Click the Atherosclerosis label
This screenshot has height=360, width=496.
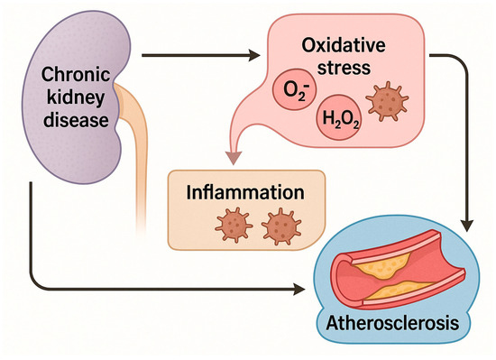coord(399,323)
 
